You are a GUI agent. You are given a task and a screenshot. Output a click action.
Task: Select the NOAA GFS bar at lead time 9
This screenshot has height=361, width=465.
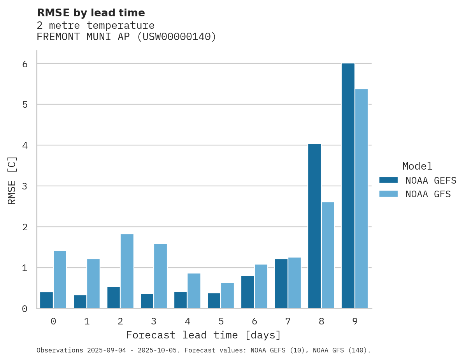[x=361, y=199]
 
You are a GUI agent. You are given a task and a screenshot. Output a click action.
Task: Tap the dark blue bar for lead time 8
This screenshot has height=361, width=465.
[x=314, y=226]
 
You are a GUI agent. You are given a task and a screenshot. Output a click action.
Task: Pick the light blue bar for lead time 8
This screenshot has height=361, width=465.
[x=328, y=255]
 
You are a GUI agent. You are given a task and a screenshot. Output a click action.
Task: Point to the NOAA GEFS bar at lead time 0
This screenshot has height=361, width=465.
[x=46, y=300]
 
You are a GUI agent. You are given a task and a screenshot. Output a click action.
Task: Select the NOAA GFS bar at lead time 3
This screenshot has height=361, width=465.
[x=160, y=276]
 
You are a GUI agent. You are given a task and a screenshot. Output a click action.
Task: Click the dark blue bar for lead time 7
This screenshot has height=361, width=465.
[x=281, y=284]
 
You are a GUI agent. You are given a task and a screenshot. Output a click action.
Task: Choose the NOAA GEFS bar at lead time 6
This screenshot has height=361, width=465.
[x=247, y=292]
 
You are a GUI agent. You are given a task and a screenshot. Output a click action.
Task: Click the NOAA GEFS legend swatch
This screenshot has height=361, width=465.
[x=388, y=180]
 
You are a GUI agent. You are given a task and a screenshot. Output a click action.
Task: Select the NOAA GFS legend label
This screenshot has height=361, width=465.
[x=428, y=194]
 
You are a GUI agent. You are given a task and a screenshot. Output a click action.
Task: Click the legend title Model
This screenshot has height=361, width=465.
[x=417, y=166]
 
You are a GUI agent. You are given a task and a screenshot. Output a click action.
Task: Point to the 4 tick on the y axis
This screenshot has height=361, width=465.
[x=25, y=145]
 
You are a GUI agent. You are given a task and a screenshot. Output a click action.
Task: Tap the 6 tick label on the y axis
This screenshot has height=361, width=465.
[x=25, y=64]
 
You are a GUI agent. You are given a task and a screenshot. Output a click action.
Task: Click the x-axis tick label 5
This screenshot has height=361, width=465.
[x=221, y=321]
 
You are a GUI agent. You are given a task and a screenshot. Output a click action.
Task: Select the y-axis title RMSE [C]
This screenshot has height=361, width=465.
[x=12, y=180]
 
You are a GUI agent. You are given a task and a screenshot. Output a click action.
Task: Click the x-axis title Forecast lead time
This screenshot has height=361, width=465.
[x=203, y=335]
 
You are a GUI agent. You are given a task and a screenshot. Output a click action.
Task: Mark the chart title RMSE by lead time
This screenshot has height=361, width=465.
[x=91, y=13]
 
